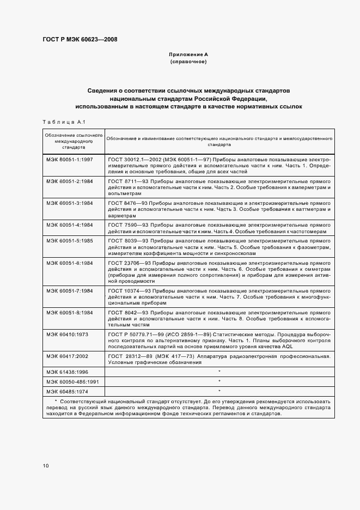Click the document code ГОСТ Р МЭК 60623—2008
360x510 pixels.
tap(80, 39)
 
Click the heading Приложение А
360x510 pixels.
tap(188, 55)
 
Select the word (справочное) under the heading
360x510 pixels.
tap(188, 63)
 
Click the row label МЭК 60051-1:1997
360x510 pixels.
tap(70, 159)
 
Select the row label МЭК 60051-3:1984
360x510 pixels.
tap(70, 203)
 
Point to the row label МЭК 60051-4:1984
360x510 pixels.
tap(70, 224)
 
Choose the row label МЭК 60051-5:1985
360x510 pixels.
tap(70, 240)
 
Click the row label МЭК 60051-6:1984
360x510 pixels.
tap(70, 263)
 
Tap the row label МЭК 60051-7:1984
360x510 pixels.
tap(70, 290)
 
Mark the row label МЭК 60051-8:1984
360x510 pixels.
tap(70, 313)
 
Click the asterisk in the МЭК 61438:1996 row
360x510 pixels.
tap(219, 372)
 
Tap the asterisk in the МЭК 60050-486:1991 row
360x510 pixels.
tap(219, 381)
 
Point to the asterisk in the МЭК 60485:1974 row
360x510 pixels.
tap(219, 391)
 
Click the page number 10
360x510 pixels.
tap(46, 466)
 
